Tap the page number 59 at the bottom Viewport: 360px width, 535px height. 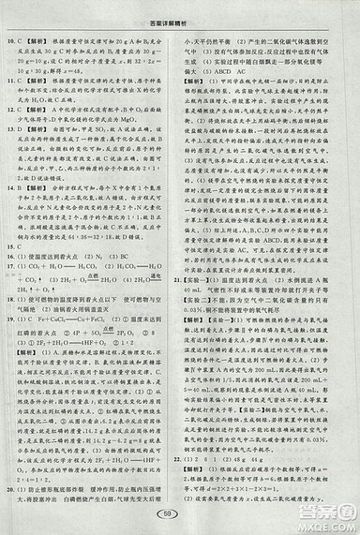[181, 520]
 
